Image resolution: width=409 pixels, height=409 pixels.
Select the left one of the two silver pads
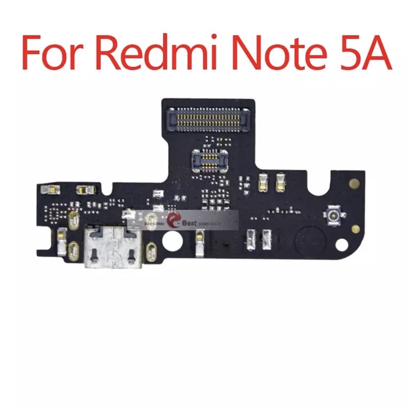[x=251, y=237]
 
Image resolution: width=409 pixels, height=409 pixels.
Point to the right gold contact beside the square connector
[x=280, y=180]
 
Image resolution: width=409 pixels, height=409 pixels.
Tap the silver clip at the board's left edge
[x=61, y=240]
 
